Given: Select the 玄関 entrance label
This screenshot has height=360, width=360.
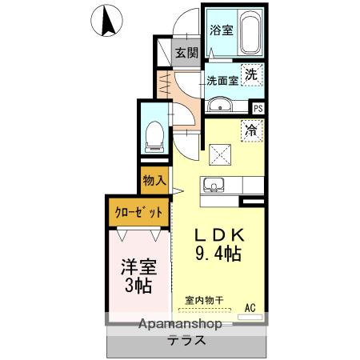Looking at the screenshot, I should (186, 54).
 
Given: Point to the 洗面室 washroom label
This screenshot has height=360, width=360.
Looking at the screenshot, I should (222, 80).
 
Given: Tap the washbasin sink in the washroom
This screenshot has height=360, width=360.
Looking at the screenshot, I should (218, 106).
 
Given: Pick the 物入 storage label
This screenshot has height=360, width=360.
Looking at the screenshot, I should (154, 181).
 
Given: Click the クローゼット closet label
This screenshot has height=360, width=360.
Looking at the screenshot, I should (138, 213).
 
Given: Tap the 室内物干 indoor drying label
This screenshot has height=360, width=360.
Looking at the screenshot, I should (204, 300).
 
